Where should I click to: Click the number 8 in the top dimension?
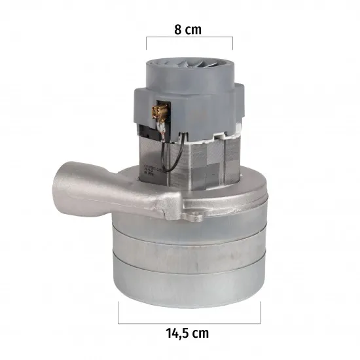pos(178,29)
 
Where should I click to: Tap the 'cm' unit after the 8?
pos(193,31)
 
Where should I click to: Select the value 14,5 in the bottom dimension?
pos(177,334)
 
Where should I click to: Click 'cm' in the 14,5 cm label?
pos(201,334)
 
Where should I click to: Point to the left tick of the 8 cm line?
pos(147,43)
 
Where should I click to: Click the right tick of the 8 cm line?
pos(232,43)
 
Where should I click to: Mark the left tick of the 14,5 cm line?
pos(118,313)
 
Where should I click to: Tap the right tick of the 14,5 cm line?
pos(260,313)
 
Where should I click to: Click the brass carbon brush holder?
pos(160,111)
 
